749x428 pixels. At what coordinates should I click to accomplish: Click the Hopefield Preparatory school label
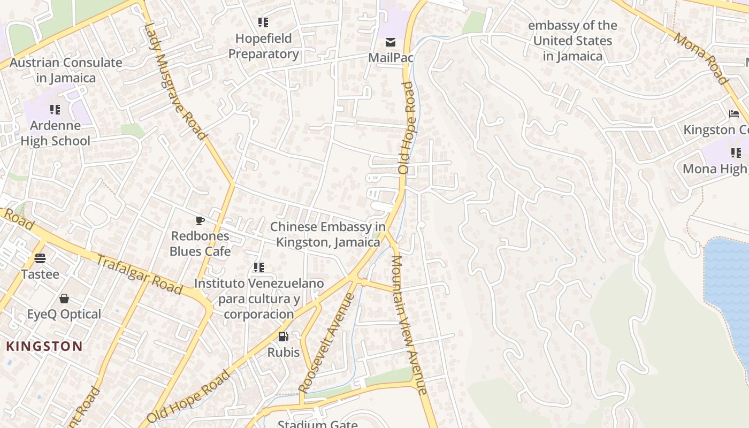tap(263, 46)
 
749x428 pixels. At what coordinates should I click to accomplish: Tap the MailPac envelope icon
tap(391, 42)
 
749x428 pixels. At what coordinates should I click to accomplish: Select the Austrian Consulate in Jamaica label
tap(66, 70)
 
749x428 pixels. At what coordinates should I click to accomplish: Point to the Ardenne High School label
tap(55, 133)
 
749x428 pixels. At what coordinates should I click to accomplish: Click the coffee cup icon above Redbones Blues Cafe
tap(200, 220)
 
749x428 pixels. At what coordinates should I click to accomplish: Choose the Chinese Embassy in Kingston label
tap(328, 234)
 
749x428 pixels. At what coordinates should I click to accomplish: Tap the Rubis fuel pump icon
tap(283, 337)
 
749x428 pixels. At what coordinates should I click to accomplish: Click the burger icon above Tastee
tap(40, 258)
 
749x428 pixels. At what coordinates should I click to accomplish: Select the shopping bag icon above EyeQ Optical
tap(64, 299)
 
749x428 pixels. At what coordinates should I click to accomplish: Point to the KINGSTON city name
tap(44, 346)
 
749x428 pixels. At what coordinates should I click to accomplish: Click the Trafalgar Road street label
tap(139, 274)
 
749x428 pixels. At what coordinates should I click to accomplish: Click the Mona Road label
tap(701, 58)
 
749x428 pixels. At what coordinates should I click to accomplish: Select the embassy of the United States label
tap(572, 41)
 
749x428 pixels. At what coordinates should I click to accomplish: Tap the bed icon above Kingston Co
tap(734, 114)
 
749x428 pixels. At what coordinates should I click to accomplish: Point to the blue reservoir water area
tap(728, 289)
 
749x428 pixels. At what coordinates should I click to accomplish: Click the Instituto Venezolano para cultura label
tap(259, 299)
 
